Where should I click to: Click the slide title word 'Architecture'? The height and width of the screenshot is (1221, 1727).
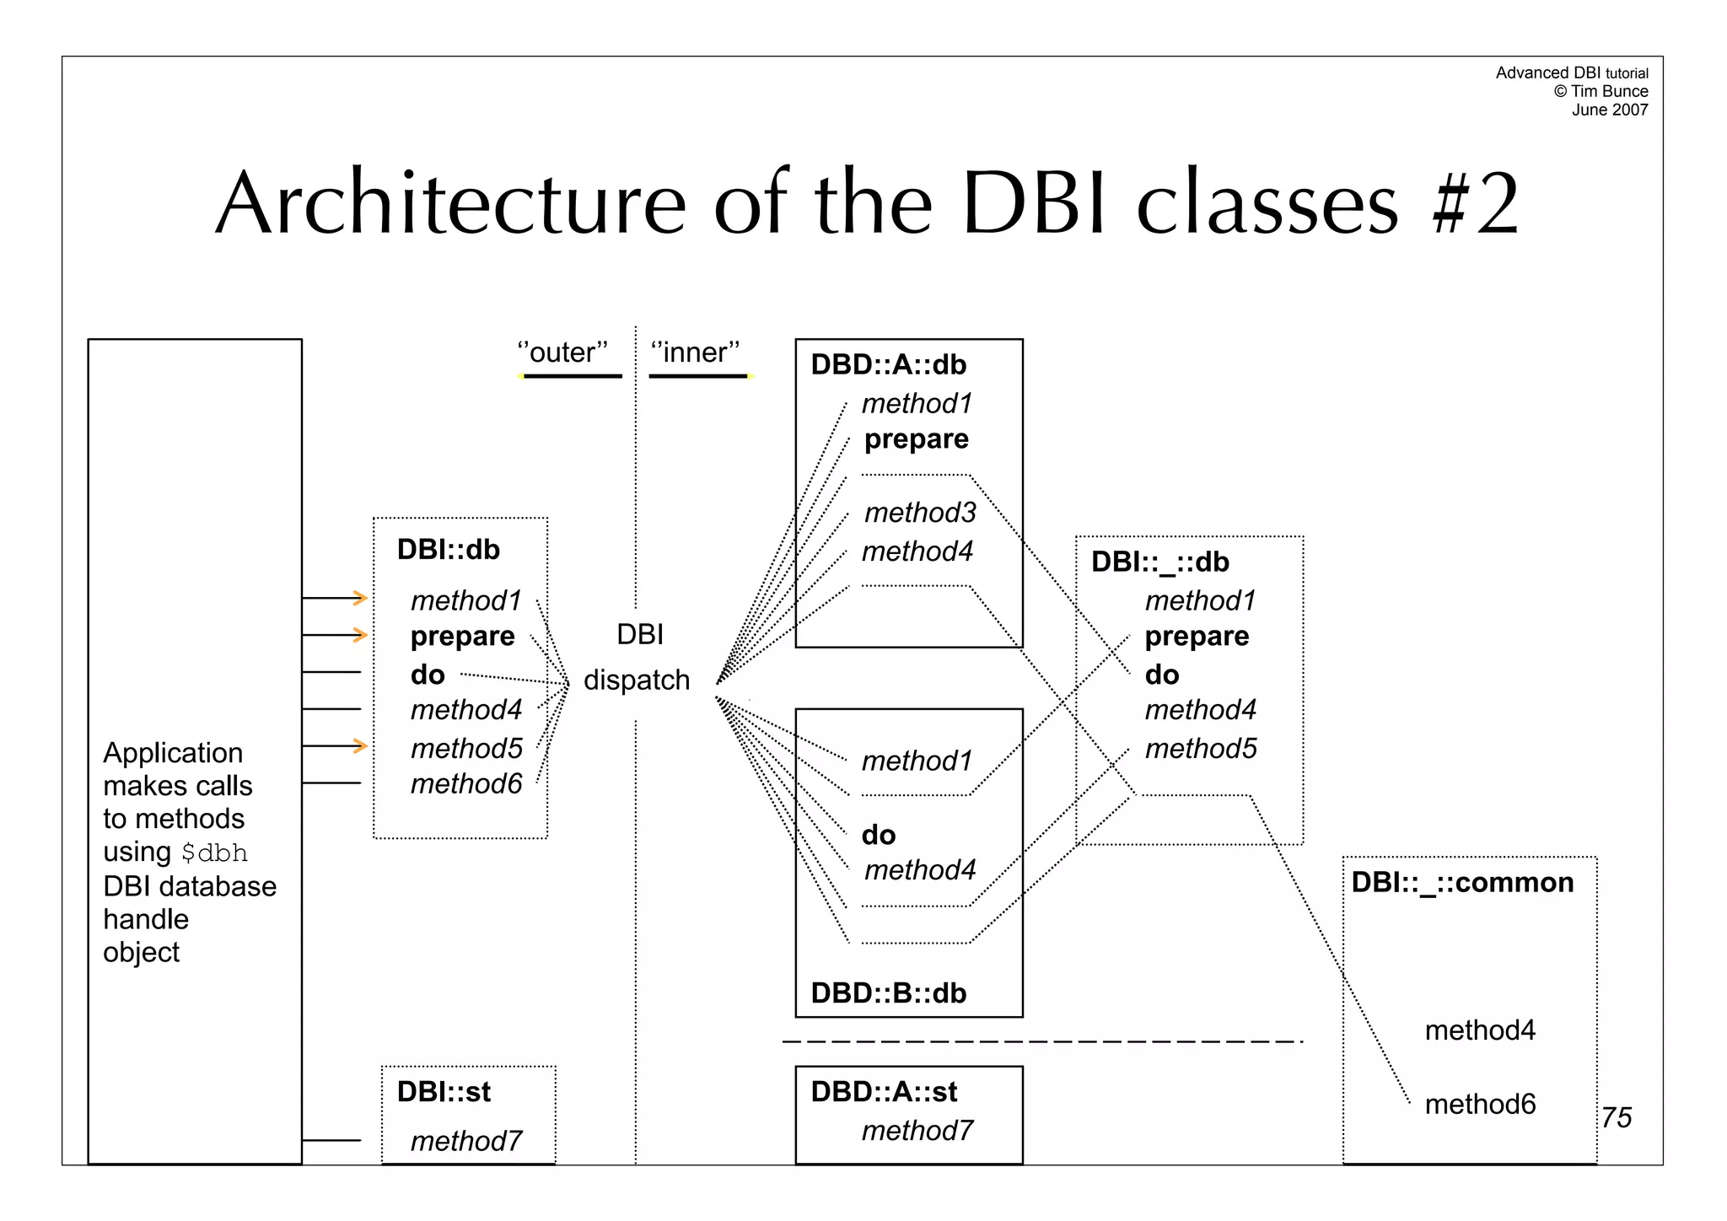click(x=451, y=204)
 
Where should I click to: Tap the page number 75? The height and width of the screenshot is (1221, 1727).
click(x=1617, y=1117)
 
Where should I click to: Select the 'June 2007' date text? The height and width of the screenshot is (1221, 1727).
click(x=1609, y=110)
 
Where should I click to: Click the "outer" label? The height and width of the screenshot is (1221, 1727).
click(x=562, y=352)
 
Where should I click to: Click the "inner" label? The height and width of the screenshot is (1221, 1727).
click(x=696, y=352)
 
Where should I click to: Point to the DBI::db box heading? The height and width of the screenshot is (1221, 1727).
click(x=448, y=549)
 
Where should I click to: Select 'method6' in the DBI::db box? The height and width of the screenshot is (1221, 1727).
click(x=466, y=783)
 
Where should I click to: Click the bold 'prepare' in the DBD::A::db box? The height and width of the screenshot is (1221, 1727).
click(x=917, y=439)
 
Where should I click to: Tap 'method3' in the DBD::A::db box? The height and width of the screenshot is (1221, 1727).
click(x=920, y=512)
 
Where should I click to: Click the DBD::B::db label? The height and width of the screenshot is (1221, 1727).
click(x=888, y=992)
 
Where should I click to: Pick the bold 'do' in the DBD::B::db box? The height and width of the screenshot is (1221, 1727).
click(x=878, y=835)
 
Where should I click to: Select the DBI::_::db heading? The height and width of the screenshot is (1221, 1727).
click(x=1159, y=562)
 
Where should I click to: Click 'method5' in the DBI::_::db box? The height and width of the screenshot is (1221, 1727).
click(x=1201, y=748)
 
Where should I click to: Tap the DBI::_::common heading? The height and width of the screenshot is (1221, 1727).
click(x=1462, y=882)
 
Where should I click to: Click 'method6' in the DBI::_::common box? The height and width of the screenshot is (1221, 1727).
click(x=1480, y=1104)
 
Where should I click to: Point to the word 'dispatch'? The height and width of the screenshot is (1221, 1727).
click(x=637, y=680)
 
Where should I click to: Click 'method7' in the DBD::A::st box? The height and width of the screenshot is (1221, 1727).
click(x=917, y=1130)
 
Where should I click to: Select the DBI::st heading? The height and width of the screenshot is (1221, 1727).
click(x=444, y=1091)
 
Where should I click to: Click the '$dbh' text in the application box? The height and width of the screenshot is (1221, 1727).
click(x=214, y=853)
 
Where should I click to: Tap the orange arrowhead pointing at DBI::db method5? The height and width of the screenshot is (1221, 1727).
click(x=361, y=745)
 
